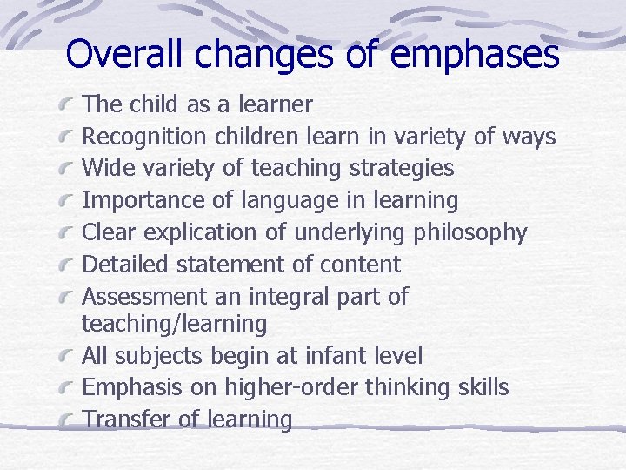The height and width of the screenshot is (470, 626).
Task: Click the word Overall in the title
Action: coord(126,54)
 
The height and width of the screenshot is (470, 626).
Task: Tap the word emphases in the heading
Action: coord(475,54)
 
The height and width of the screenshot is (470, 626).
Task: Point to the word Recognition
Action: coord(143,138)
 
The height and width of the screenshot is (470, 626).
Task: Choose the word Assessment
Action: coord(144,297)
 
